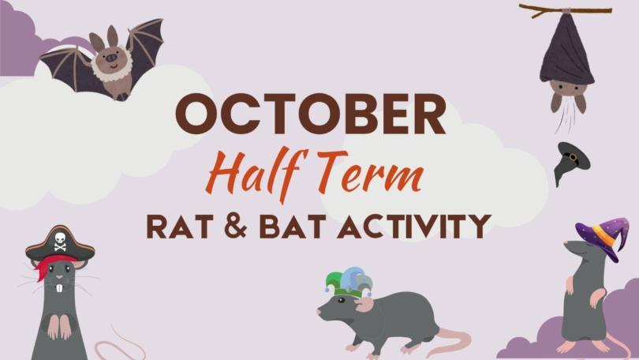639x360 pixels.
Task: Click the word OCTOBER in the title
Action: pyautogui.click(x=311, y=114)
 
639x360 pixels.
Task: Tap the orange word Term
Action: pyautogui.click(x=368, y=171)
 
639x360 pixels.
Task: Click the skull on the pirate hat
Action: pyautogui.click(x=60, y=240)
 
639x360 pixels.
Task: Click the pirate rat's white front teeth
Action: pyautogui.click(x=59, y=287)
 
